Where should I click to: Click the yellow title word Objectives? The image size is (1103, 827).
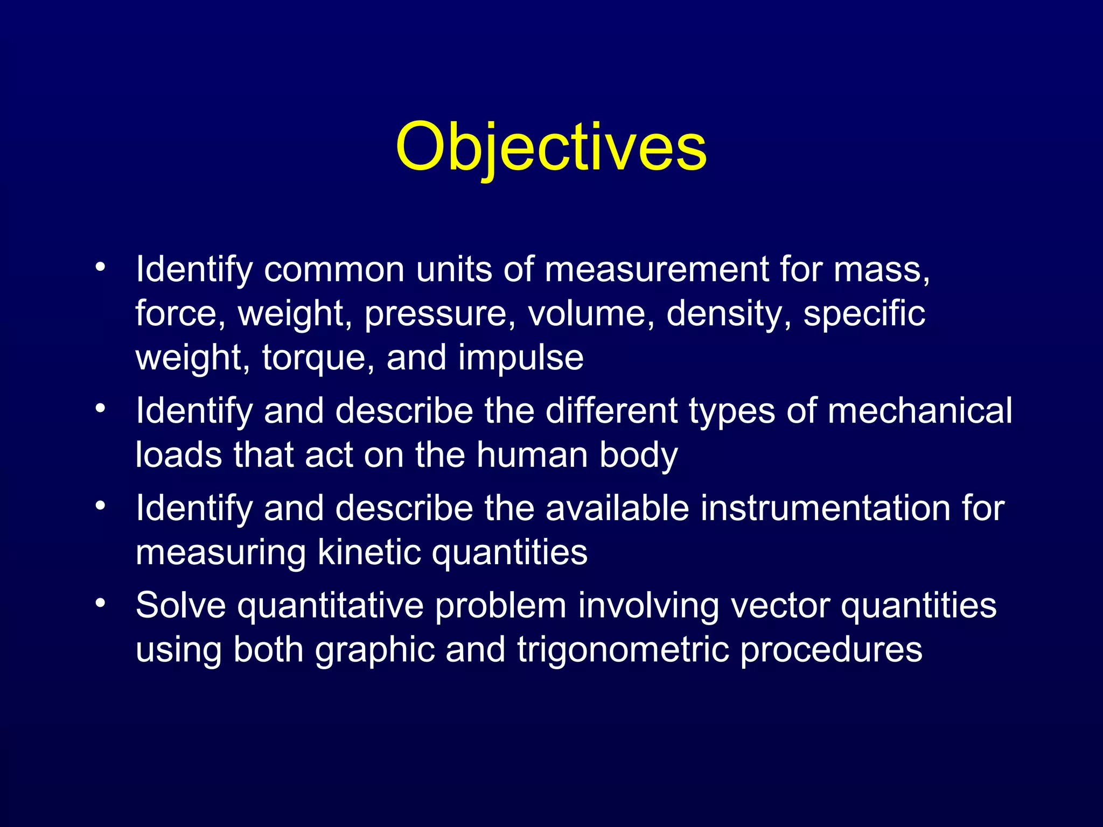(550, 146)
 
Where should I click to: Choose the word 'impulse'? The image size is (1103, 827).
(521, 358)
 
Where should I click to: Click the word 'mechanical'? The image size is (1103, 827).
(919, 411)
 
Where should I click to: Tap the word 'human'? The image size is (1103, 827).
(532, 455)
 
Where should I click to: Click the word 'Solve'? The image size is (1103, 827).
(180, 605)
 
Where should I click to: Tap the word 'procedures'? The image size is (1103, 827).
(831, 650)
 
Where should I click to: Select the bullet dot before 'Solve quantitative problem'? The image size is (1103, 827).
(100, 604)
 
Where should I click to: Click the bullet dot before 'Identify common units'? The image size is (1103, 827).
(100, 268)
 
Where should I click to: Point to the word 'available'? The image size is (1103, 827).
(617, 508)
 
